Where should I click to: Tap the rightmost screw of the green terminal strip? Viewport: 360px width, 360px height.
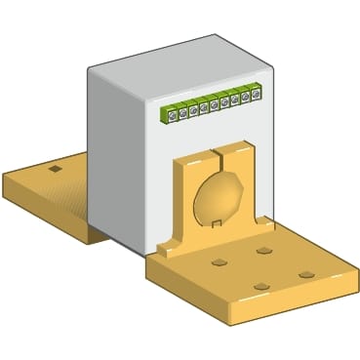pos(256,95)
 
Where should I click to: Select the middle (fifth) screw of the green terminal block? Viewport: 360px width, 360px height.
pos(214,104)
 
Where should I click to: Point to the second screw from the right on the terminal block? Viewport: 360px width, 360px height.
pos(246,97)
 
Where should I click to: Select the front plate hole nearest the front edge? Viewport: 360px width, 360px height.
pos(260,285)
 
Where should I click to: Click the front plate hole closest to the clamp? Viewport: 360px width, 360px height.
pos(263,251)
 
